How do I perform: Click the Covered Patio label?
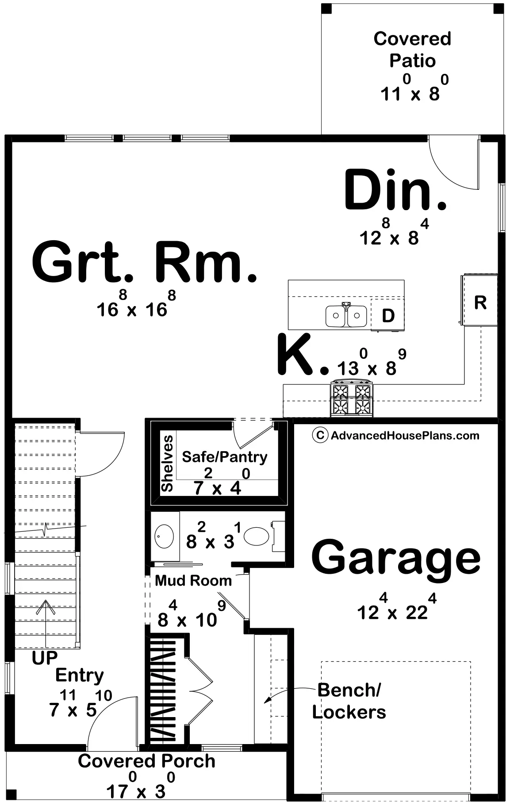coord(412,50)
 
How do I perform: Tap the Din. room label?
coord(395,190)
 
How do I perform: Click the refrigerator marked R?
coord(480,300)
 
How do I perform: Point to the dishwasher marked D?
coord(387,315)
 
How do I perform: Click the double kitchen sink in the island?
coord(346,315)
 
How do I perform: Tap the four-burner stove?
coord(352,398)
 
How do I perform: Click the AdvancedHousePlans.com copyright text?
coord(396,436)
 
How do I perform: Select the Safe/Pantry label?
coord(225,457)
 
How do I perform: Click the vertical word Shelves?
coord(167,464)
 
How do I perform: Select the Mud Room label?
coord(193,580)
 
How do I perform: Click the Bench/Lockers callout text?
coord(349,701)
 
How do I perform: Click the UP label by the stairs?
coord(45,658)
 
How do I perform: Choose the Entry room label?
coord(80,676)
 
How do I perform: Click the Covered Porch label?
coord(146,761)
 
